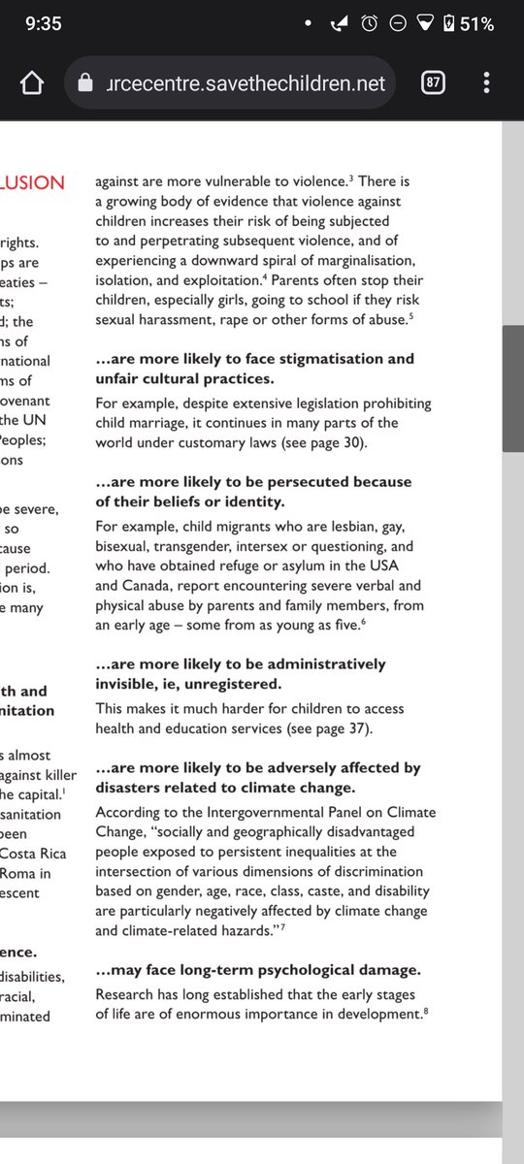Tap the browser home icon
(30, 83)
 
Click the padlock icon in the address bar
(86, 84)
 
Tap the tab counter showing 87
(434, 83)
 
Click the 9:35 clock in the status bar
(44, 23)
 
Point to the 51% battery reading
(478, 23)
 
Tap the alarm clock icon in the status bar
(370, 23)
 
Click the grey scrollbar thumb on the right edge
(513, 388)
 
